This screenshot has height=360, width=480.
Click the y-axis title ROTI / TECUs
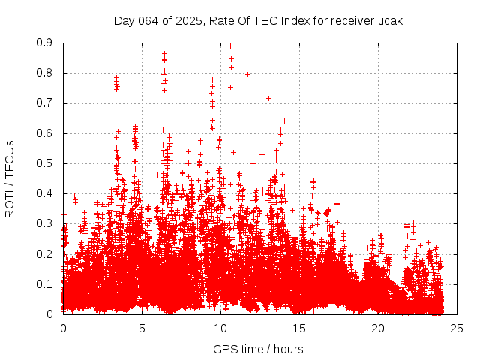(10, 178)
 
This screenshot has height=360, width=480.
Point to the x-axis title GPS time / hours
(258, 349)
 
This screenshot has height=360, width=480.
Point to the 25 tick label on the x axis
(457, 328)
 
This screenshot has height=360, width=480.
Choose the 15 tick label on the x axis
(299, 328)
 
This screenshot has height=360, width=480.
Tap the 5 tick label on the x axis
(142, 328)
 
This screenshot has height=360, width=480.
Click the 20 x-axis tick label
(378, 328)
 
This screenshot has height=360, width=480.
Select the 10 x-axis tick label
(220, 328)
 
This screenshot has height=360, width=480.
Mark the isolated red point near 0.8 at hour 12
(247, 74)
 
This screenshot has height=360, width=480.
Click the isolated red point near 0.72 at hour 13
(268, 98)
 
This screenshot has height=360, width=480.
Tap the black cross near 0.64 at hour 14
(284, 121)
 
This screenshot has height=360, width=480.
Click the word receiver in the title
(344, 20)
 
